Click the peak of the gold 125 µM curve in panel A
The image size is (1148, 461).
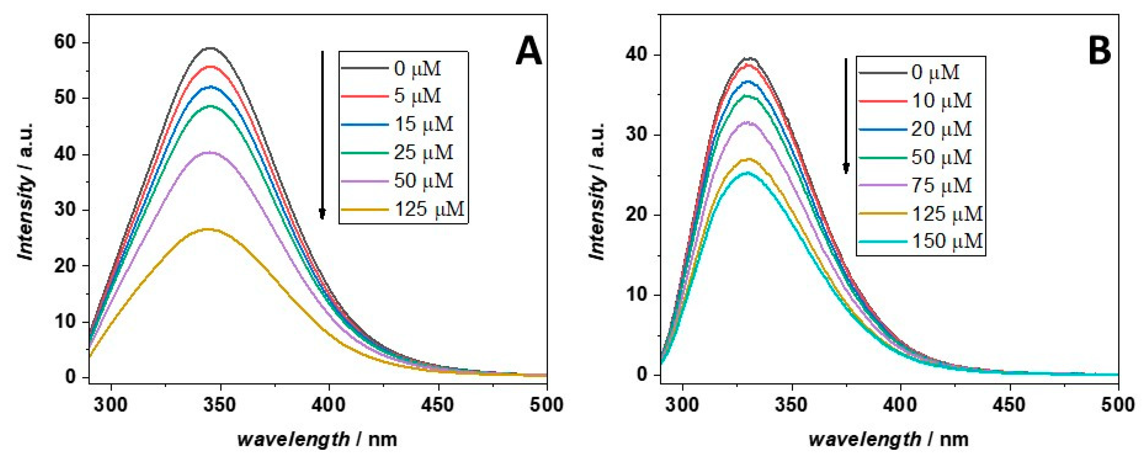point(208,229)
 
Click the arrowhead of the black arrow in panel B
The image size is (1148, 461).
point(845,168)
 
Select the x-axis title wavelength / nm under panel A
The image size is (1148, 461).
point(317,440)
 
